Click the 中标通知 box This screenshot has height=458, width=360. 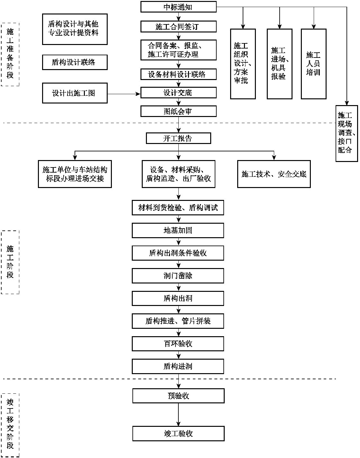(x=178, y=7)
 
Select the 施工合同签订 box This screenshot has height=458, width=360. (x=178, y=26)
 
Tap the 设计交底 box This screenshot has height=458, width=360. (x=178, y=93)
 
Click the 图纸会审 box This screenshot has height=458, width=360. (x=178, y=112)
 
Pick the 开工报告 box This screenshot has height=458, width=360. (x=178, y=139)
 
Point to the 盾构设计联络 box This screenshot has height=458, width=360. (x=75, y=62)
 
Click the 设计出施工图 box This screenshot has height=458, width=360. (x=75, y=94)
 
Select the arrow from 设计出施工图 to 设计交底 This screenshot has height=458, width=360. (x=124, y=94)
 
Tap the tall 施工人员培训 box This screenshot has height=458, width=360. (x=313, y=64)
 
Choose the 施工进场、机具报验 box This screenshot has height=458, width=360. (x=279, y=64)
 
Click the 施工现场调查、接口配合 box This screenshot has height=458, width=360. (x=346, y=133)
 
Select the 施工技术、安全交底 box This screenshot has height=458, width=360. (x=274, y=174)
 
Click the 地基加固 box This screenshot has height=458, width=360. (x=178, y=230)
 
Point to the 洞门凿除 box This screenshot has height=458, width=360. (x=178, y=276)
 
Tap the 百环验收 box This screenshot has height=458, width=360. (x=178, y=344)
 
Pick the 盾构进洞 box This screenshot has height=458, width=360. (x=178, y=366)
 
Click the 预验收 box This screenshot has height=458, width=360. (x=178, y=396)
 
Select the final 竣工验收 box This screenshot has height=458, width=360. (x=178, y=434)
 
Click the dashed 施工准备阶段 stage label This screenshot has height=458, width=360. (x=10, y=54)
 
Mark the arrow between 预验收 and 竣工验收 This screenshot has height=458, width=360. (x=178, y=415)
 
